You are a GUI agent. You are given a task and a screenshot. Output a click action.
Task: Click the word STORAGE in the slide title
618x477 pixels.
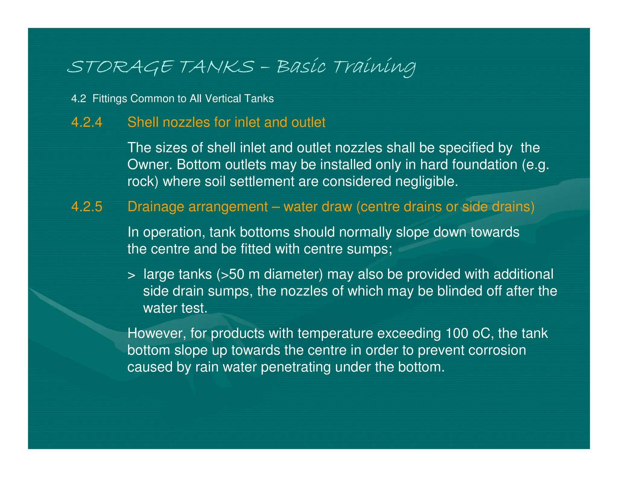point(120,67)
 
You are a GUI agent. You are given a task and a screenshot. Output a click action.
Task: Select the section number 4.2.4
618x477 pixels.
point(87,122)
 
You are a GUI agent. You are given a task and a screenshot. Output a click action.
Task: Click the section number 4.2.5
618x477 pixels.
point(87,207)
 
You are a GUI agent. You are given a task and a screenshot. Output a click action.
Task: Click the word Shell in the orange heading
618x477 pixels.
point(143,122)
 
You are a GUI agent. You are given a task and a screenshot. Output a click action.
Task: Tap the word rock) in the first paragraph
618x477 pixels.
point(142,182)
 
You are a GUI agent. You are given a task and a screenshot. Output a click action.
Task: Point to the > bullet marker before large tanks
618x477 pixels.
point(131,275)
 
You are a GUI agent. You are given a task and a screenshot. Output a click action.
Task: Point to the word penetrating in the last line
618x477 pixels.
point(296,367)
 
